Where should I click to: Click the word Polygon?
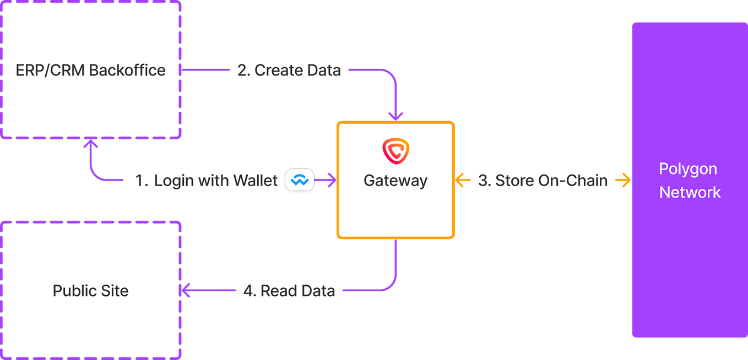[688, 169]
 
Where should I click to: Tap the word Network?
[690, 193]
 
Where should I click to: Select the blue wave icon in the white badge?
[300, 180]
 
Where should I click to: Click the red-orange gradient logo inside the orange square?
[395, 150]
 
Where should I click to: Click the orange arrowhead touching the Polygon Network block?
[625, 179]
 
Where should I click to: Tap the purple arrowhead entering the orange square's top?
[395, 116]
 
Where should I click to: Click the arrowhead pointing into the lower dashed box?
[186, 290]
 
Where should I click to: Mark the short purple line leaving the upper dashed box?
[207, 70]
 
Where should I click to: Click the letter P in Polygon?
[663, 168]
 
